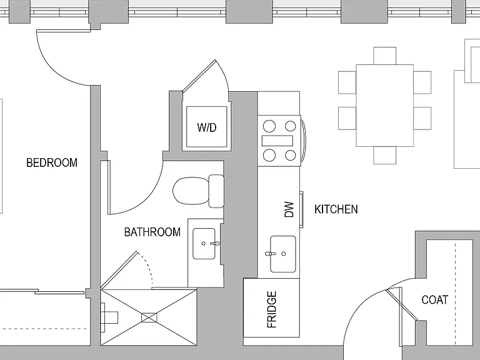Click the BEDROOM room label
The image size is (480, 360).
[x=52, y=162]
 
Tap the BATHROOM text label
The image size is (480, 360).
[x=152, y=232]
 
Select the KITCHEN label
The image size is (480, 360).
[x=336, y=209]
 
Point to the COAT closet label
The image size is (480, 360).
[x=435, y=300]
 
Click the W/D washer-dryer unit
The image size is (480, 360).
[x=207, y=127]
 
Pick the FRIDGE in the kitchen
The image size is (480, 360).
[x=271, y=307]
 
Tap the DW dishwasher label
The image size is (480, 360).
[x=289, y=209]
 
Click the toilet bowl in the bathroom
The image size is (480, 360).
[x=191, y=191]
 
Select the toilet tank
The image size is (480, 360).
[x=216, y=191]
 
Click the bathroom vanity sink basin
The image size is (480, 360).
[x=204, y=244]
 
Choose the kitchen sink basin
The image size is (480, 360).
[x=283, y=254]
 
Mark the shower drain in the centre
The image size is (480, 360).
[x=149, y=317]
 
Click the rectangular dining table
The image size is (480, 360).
[x=385, y=106]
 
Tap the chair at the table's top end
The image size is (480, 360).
[x=385, y=56]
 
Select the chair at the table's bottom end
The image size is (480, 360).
[x=385, y=155]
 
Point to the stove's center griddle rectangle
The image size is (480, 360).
[x=277, y=141]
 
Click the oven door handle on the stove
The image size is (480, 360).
[x=303, y=141]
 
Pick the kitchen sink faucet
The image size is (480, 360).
[x=271, y=254]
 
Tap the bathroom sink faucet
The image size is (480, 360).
[x=215, y=244]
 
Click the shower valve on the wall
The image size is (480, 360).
[x=109, y=317]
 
